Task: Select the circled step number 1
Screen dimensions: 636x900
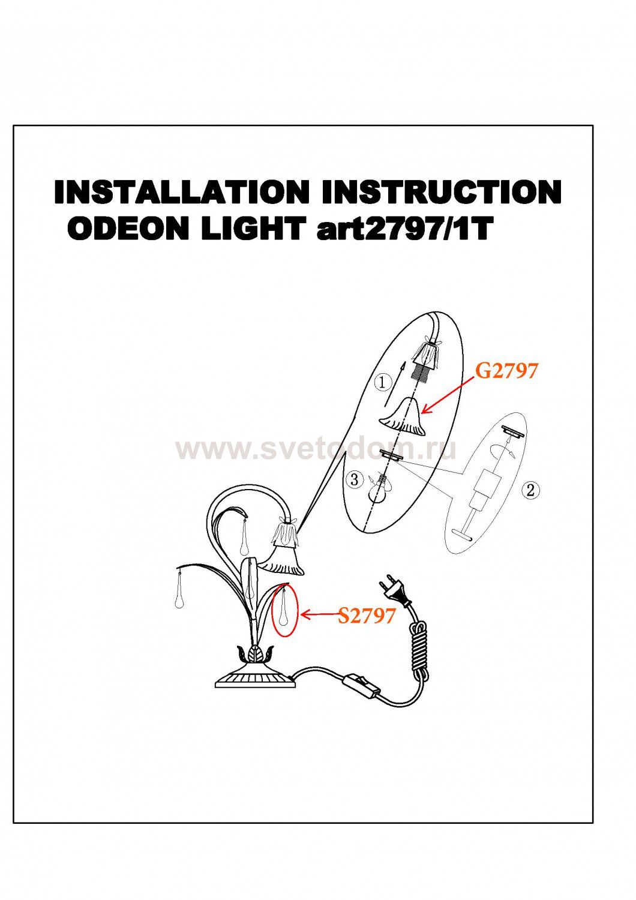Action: [383, 382]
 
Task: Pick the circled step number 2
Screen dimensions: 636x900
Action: [530, 490]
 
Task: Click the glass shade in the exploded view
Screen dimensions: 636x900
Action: [403, 418]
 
